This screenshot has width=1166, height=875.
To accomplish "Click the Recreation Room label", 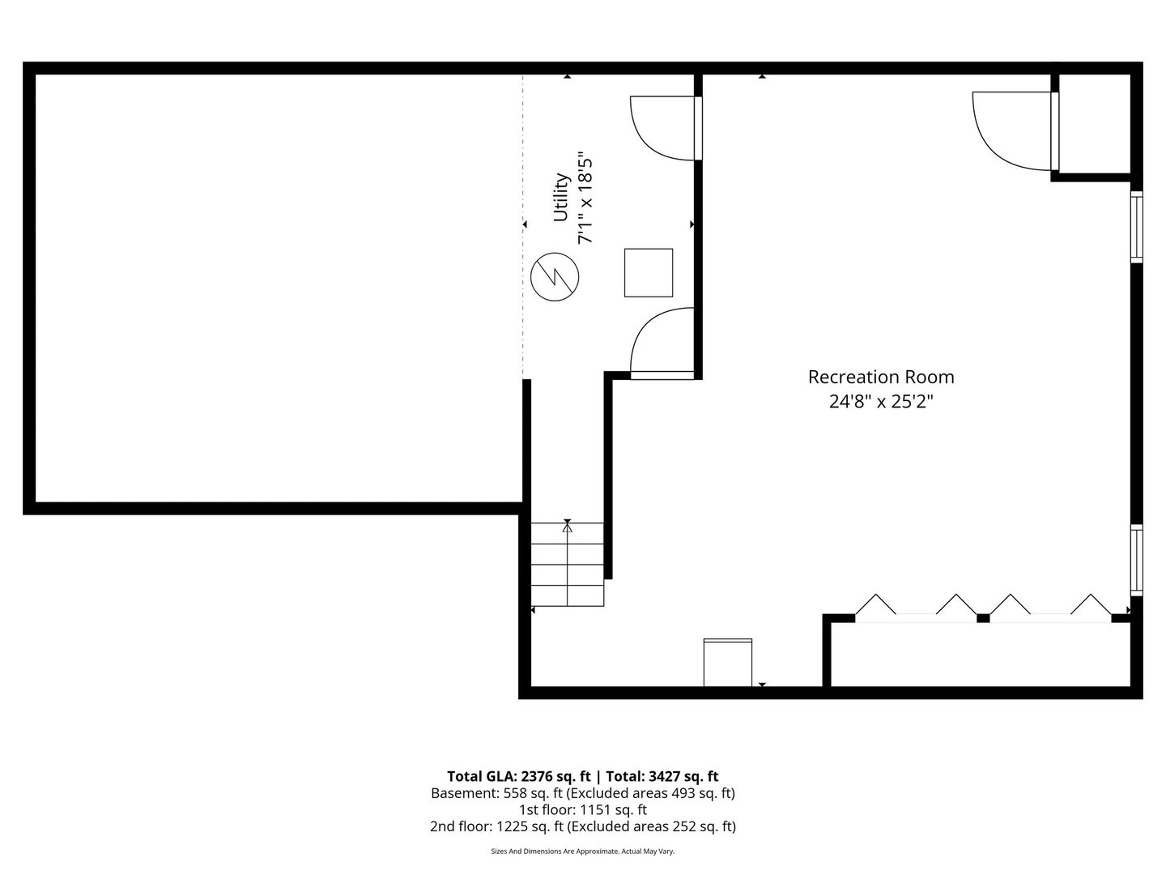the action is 881,377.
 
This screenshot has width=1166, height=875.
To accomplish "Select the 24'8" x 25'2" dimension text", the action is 881,402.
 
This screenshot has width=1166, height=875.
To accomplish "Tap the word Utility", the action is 561,197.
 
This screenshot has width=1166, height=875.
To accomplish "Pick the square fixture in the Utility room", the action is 648,272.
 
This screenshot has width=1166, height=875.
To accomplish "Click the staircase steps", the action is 568,564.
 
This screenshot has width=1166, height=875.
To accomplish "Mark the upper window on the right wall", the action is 1136,227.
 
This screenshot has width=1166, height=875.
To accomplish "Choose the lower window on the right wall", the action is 1136,560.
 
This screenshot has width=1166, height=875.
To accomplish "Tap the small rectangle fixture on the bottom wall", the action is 728,663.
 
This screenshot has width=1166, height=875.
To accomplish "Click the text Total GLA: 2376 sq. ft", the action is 518,777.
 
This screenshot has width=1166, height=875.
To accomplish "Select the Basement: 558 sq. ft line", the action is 583,793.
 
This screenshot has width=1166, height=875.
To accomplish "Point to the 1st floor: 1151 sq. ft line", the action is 583,809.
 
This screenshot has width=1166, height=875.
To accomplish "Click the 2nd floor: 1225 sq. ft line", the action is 583,826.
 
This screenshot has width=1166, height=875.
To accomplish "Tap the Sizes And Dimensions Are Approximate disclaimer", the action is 583,852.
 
